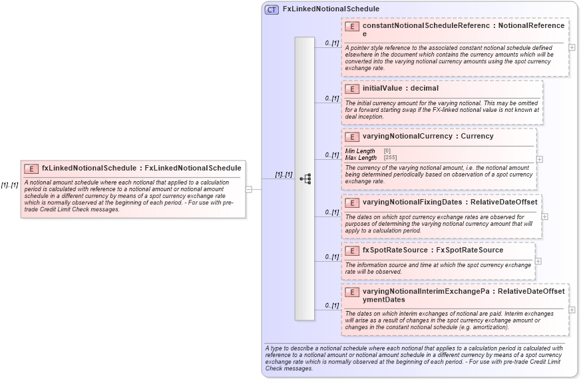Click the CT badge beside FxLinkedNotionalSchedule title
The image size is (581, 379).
point(272,9)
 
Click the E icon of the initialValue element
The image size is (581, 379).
point(352,89)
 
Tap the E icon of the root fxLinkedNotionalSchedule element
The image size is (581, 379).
point(31,169)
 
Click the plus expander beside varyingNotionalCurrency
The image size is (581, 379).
point(539,159)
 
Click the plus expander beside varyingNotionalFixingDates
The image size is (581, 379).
point(544,216)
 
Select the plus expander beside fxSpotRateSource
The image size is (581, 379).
point(538,261)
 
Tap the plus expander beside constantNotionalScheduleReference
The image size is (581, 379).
point(572,47)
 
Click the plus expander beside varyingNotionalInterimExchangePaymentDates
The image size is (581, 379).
point(572,310)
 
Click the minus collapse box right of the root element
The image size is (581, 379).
point(248,189)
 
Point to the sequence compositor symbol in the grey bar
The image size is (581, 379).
point(305,179)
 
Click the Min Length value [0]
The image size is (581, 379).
point(387,151)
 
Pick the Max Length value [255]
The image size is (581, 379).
point(390,158)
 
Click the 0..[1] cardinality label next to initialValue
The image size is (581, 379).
point(331,99)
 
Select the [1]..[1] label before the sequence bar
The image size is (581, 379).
point(284,175)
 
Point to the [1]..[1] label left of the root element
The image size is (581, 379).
point(9,185)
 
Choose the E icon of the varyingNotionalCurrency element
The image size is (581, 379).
point(352,137)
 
